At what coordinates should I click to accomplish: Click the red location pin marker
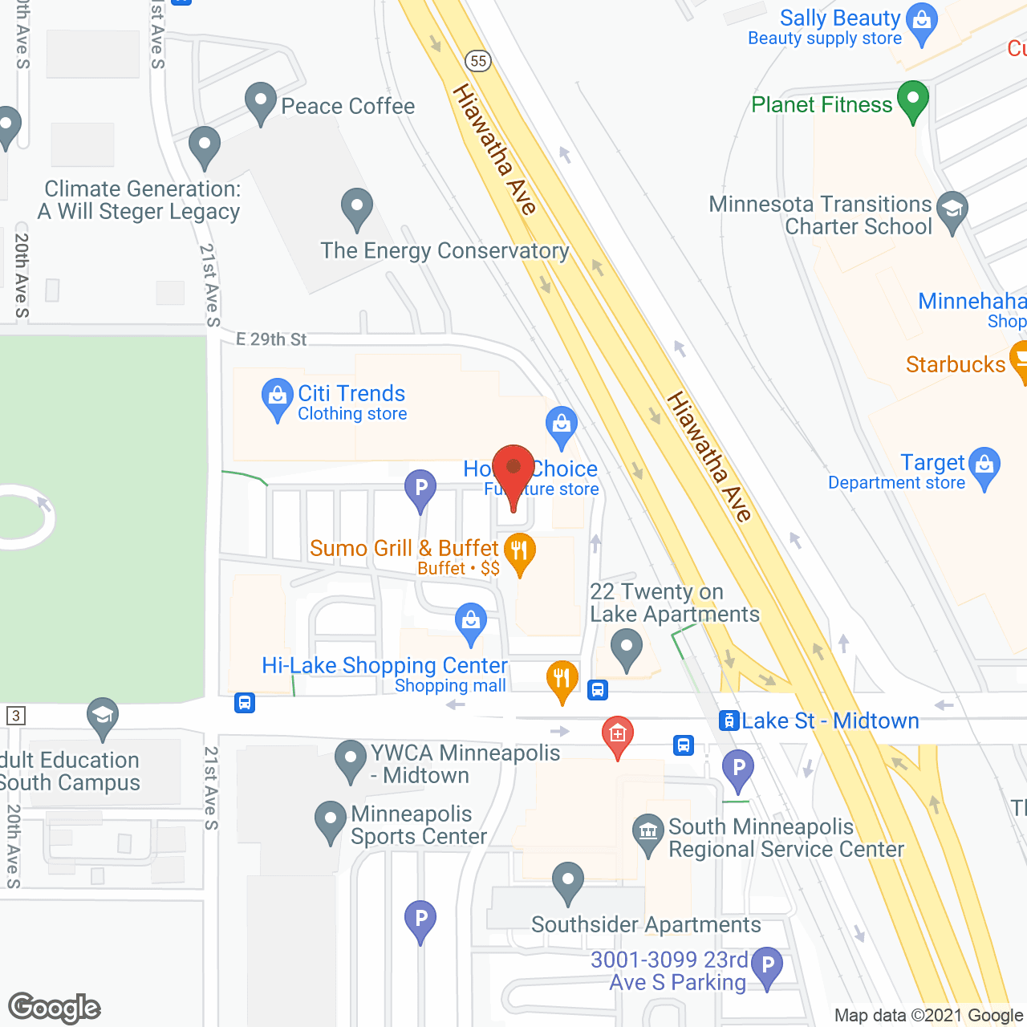(513, 470)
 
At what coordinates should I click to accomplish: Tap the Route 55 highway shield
(478, 61)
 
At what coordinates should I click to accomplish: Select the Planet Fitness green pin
(912, 100)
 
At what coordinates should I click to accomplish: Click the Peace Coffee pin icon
(260, 102)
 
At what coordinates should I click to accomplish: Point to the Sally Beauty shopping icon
(922, 20)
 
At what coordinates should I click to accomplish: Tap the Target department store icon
(984, 465)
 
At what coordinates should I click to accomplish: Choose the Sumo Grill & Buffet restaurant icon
(520, 552)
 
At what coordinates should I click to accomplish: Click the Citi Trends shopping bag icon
(277, 397)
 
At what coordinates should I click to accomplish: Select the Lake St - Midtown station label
(830, 721)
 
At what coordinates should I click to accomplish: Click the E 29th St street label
(271, 339)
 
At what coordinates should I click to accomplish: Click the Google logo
(55, 1008)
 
